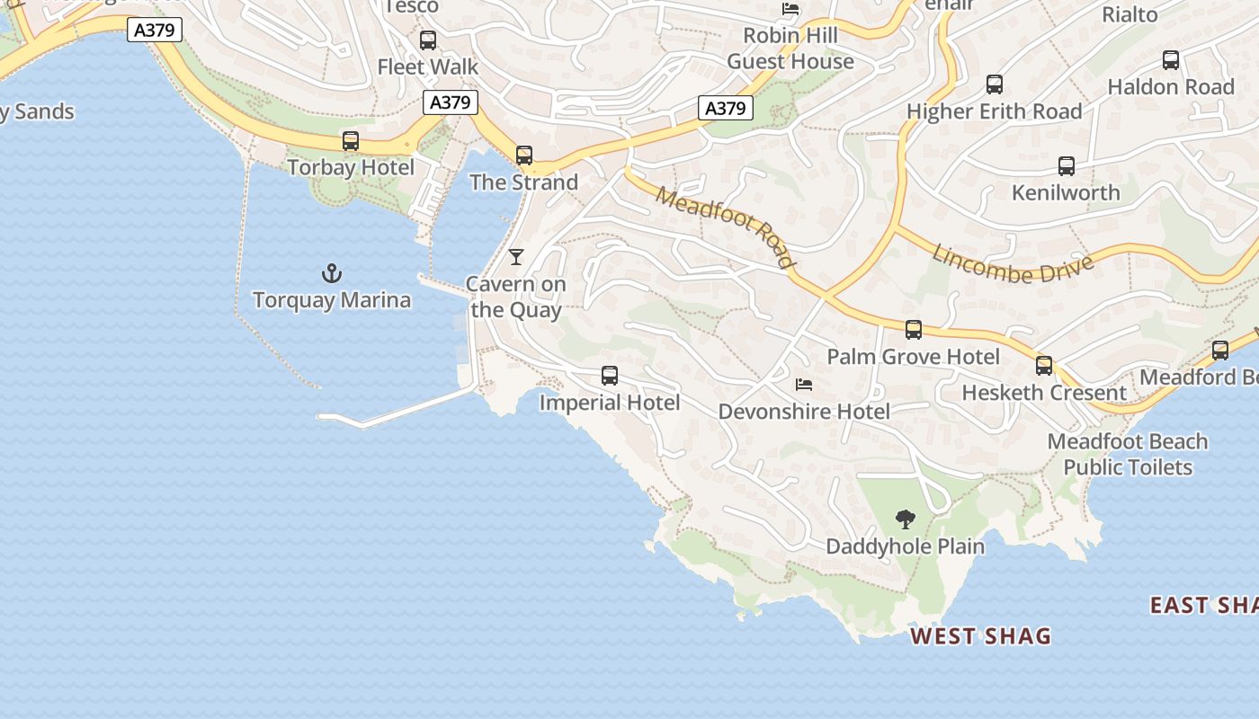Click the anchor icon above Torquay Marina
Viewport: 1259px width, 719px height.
[332, 272]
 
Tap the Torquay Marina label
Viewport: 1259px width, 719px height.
[332, 300]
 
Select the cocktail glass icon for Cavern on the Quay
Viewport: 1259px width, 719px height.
[515, 257]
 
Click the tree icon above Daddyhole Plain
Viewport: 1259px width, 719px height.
[906, 519]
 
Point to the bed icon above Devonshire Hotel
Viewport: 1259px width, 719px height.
[804, 385]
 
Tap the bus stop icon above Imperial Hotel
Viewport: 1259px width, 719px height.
[610, 376]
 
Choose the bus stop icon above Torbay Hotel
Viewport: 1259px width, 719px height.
[351, 141]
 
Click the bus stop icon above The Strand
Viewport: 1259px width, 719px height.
[524, 155]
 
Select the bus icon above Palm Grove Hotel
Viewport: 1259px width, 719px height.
[914, 330]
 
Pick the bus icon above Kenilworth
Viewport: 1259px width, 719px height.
[1067, 166]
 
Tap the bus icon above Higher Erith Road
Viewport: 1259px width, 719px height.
[995, 84]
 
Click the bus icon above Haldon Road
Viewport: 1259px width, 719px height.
[1171, 60]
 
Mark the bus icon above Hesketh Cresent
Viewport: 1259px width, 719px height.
[1044, 366]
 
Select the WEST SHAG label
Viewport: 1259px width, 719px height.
[980, 636]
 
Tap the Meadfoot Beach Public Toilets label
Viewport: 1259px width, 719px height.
[1128, 454]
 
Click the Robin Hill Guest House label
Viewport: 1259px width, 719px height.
[790, 49]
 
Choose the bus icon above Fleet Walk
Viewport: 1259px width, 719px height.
[428, 40]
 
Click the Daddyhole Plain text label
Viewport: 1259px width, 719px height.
[905, 546]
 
